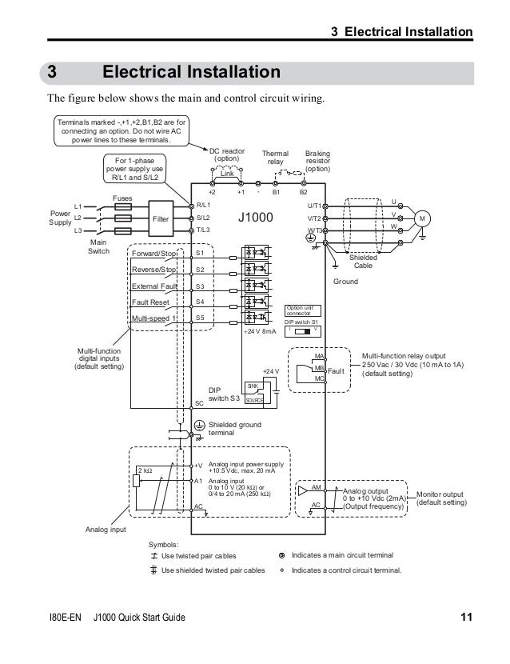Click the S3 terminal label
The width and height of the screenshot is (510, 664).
[x=200, y=286]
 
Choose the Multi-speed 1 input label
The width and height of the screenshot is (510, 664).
[x=153, y=318]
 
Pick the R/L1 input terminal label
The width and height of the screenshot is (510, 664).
[x=203, y=206]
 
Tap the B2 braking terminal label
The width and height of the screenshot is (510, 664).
[x=303, y=193]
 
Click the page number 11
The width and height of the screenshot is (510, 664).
[x=467, y=617]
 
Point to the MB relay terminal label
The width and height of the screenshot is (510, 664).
[x=318, y=367]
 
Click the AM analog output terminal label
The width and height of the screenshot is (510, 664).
[x=316, y=486]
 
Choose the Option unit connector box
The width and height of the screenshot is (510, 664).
[x=303, y=310]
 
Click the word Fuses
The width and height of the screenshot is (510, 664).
[x=122, y=197]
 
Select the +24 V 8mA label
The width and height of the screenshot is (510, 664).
[x=260, y=330]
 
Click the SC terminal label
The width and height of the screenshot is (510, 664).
[x=201, y=402]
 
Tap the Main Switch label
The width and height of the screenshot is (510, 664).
[x=99, y=246]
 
